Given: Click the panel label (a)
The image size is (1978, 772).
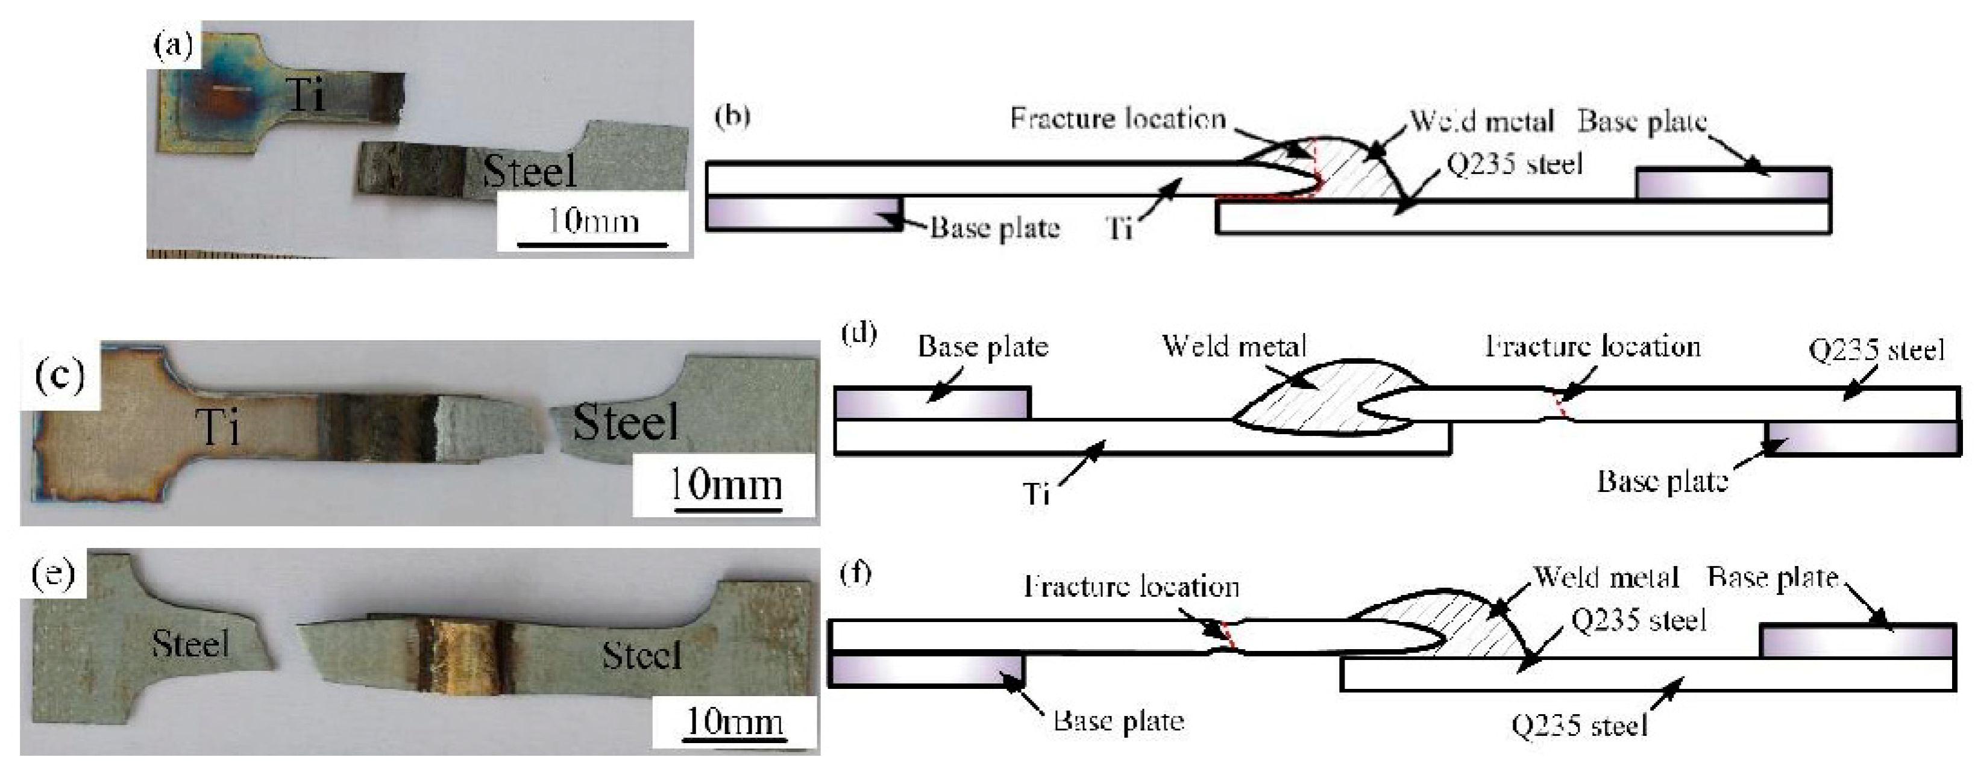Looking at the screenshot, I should tap(173, 48).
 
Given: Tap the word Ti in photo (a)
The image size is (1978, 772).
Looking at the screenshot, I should tap(306, 96).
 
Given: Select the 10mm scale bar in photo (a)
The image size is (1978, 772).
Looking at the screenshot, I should tap(592, 244).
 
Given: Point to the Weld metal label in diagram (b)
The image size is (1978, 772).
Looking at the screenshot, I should tap(1482, 121).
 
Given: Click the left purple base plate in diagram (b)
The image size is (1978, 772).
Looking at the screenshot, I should tap(802, 213).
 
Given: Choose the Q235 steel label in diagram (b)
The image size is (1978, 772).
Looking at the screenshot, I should tap(1514, 164).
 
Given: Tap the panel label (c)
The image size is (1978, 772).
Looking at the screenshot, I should tap(60, 377).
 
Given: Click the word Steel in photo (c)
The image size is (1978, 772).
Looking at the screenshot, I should tap(625, 423).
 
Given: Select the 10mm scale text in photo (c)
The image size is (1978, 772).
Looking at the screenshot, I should tap(726, 485).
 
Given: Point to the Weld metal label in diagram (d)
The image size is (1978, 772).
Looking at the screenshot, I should tap(1234, 346).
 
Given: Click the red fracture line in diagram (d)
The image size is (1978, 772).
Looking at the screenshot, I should tap(1559, 405).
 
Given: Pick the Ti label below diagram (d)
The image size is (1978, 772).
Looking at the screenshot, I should tap(1037, 493).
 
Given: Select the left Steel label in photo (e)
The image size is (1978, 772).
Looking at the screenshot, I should tap(190, 643).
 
